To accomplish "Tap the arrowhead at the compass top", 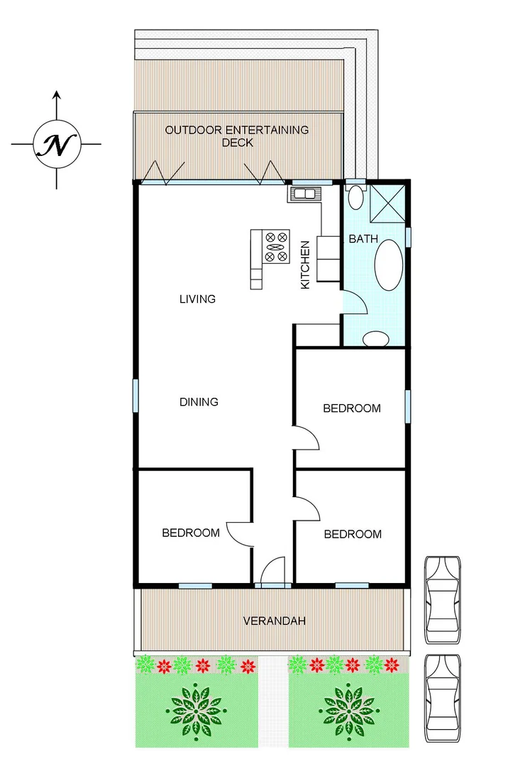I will point(57,95).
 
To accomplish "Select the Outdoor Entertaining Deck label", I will point(237,136).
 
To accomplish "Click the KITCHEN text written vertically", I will point(306,265).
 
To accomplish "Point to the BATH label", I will point(363,239).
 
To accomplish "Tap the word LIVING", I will point(197,299).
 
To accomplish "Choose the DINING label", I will point(199,402).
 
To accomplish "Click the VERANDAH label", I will point(275,621).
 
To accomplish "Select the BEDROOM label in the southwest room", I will point(191,533).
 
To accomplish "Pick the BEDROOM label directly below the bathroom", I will point(352,409).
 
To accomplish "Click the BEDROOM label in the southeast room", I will point(353,534).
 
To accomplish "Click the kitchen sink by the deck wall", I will point(305,193).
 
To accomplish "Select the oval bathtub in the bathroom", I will point(389,265).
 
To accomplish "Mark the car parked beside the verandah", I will point(443,599).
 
